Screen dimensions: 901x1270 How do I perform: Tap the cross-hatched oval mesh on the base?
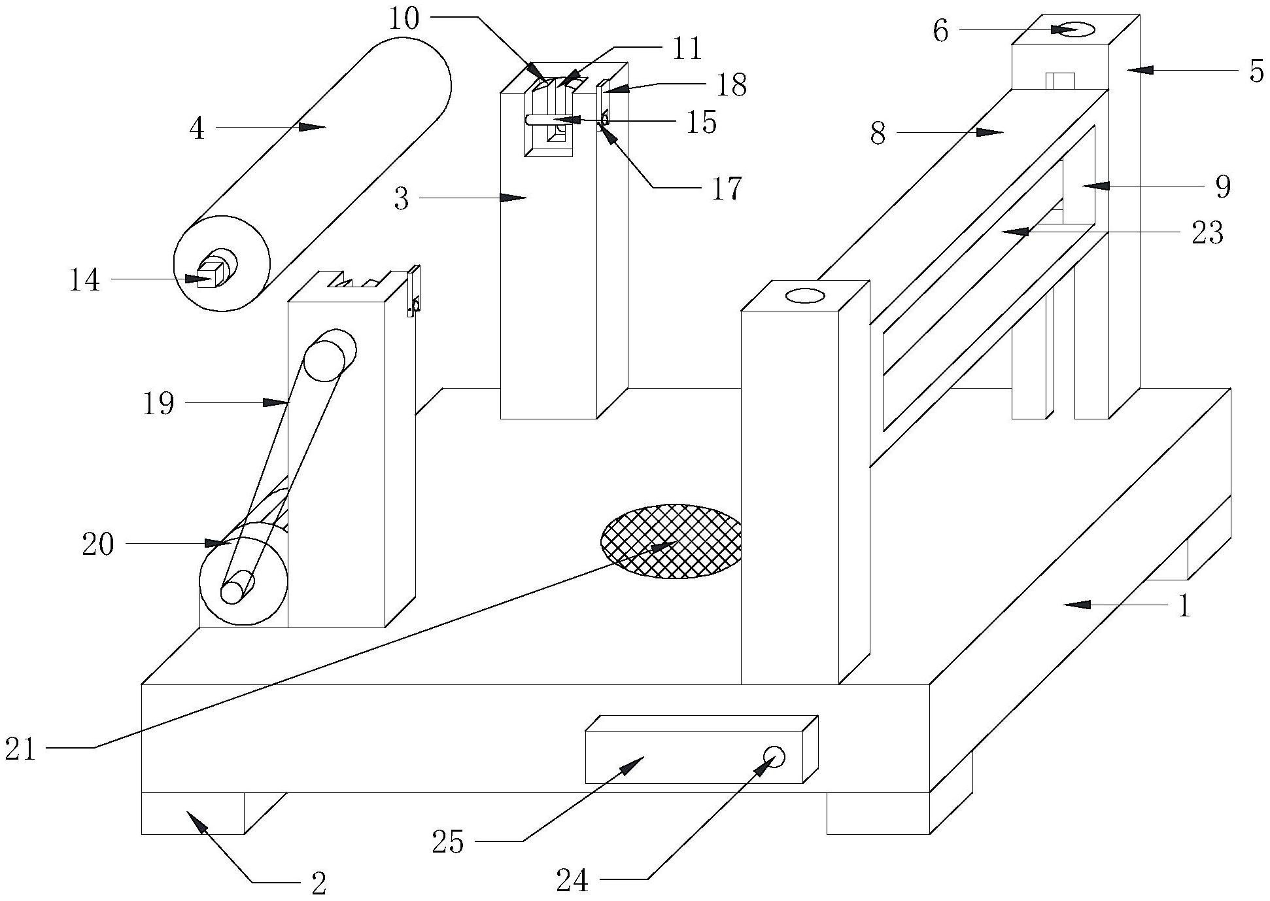pos(672,541)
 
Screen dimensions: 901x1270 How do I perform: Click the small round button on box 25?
pos(774,756)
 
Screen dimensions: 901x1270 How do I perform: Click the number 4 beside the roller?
pos(197,129)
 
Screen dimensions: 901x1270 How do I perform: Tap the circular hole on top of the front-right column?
pos(804,296)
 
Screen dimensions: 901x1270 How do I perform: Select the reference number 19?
pos(158,404)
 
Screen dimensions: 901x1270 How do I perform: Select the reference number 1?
pos(1184,607)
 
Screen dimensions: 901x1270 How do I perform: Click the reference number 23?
pos(1207,233)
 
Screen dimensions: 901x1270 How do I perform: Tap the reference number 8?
pos(878,134)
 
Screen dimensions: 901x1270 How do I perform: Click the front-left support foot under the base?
pos(193,813)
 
